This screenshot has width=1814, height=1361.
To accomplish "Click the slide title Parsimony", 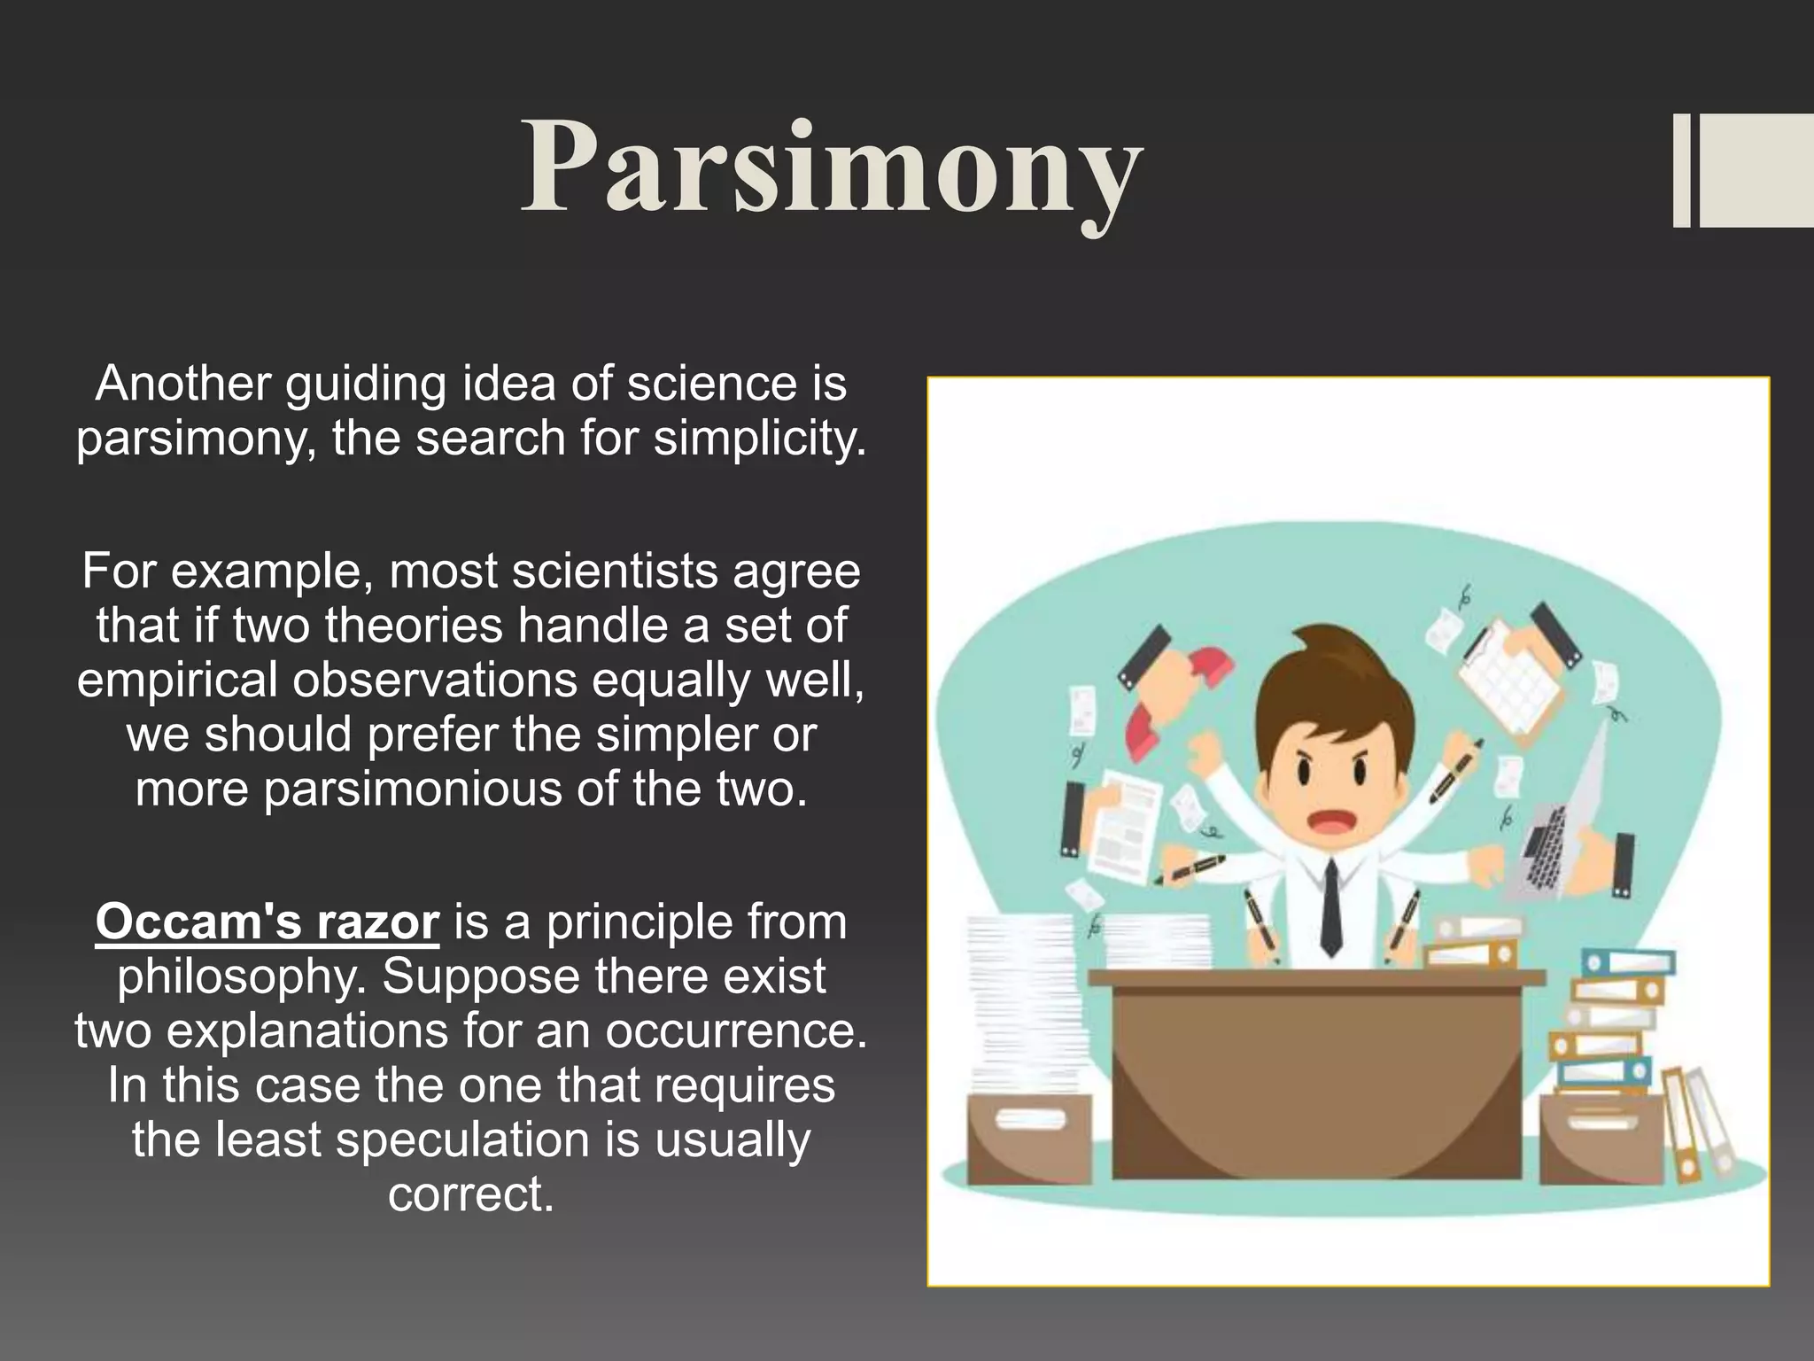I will tap(831, 168).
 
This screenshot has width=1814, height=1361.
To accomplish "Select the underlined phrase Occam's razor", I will tap(267, 922).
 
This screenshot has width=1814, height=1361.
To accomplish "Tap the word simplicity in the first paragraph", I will tap(758, 438).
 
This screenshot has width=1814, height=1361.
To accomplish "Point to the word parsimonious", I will tap(412, 789).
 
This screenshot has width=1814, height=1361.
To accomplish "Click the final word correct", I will tap(470, 1194).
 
